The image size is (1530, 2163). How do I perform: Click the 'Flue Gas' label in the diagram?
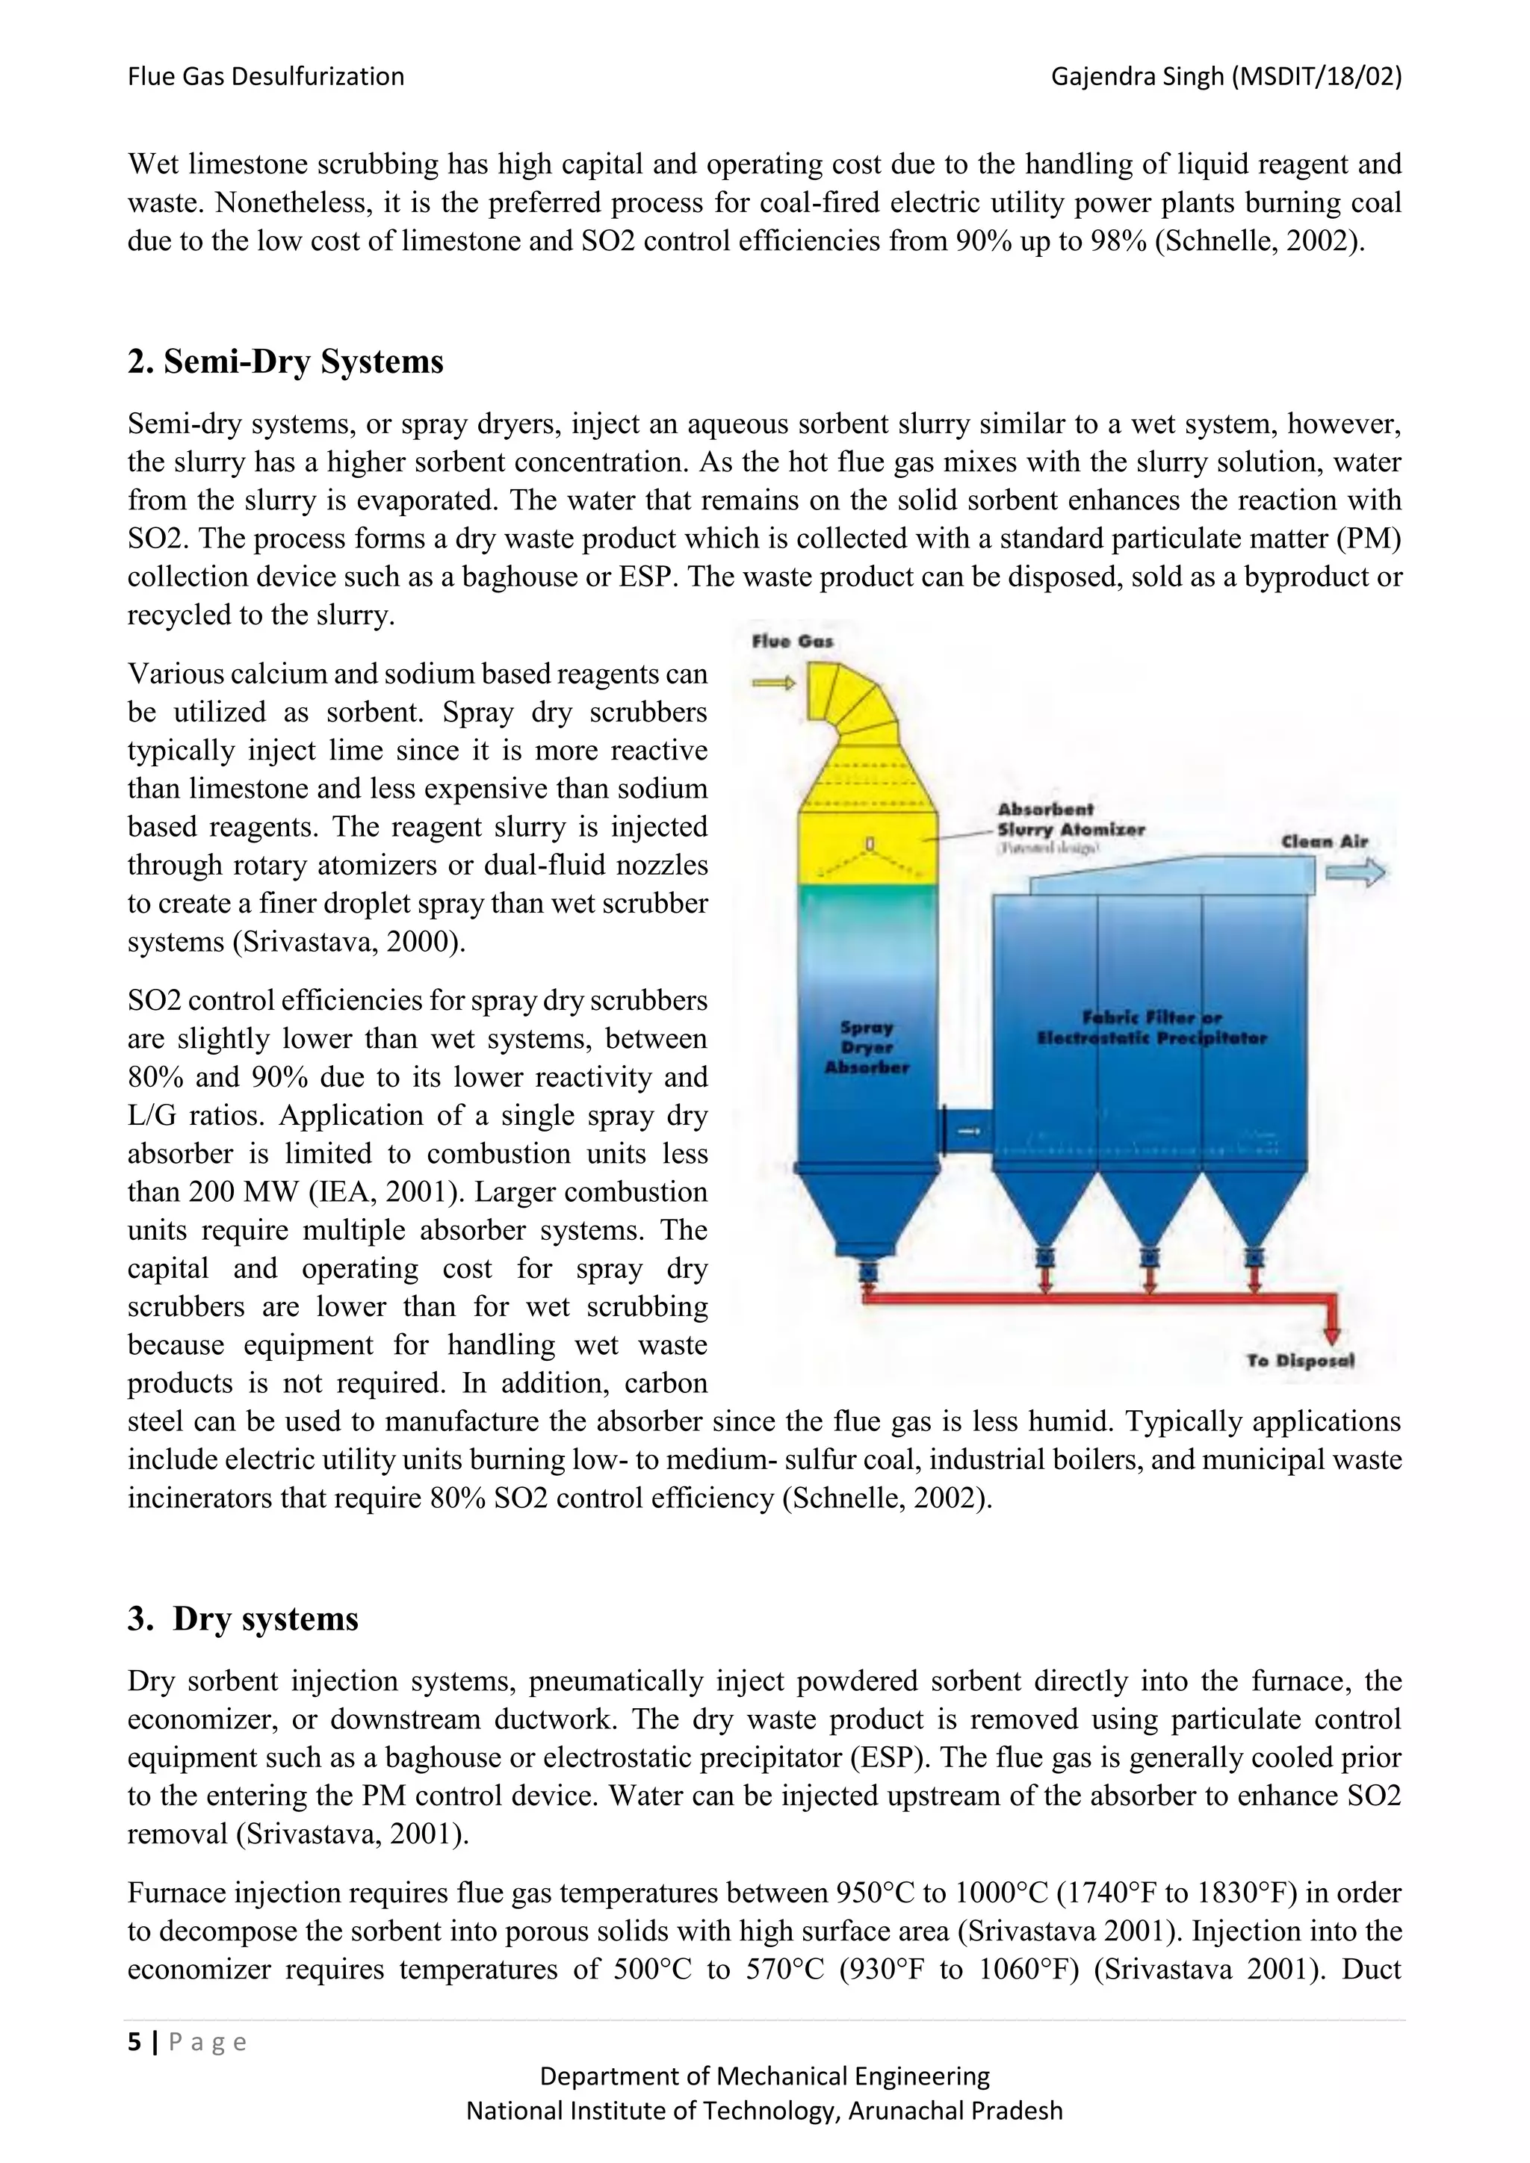click(793, 642)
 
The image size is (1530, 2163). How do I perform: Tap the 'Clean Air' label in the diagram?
click(1324, 841)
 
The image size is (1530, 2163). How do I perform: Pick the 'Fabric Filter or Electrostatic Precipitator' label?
click(1151, 1028)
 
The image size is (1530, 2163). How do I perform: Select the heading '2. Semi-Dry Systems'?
click(285, 361)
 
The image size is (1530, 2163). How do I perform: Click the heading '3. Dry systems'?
click(243, 1619)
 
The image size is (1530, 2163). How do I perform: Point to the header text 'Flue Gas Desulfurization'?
click(266, 76)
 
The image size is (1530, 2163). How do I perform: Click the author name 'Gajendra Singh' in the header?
click(1138, 76)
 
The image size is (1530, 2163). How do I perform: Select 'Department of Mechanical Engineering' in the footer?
click(764, 2076)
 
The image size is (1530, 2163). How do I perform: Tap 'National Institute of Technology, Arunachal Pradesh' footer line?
click(764, 2110)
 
